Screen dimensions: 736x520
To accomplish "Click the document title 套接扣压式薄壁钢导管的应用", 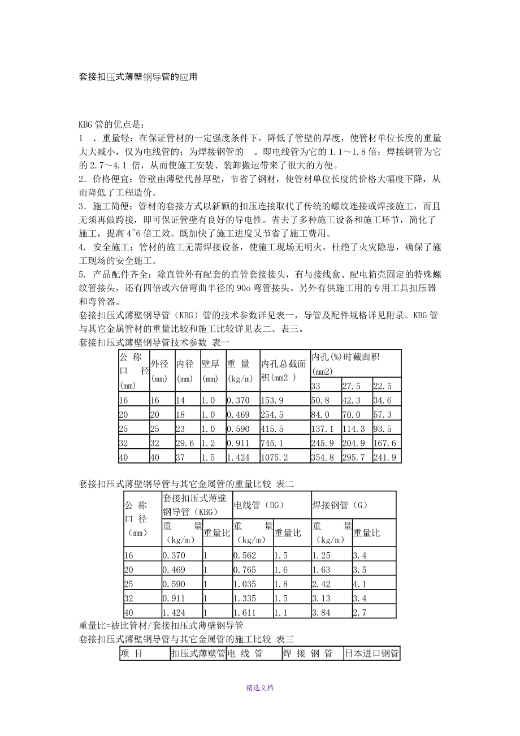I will [138, 76].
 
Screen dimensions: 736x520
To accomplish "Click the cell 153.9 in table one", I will [271, 400].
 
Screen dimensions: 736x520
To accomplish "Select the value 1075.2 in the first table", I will [274, 457].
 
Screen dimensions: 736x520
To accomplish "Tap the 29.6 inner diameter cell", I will [184, 443].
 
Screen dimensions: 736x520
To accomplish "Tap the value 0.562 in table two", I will [245, 555].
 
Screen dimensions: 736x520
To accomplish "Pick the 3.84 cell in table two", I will [321, 612].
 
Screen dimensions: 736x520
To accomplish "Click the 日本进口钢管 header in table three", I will [372, 654].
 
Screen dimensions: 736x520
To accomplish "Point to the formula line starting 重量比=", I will [161, 625].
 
